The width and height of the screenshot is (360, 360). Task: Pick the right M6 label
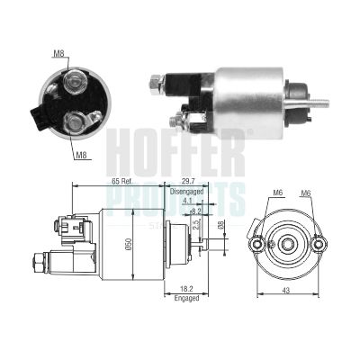pyautogui.click(x=306, y=193)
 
